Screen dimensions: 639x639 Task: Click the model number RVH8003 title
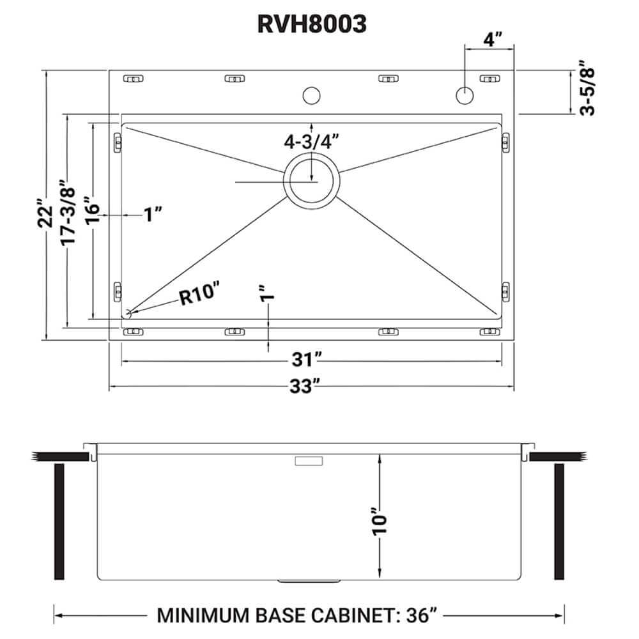click(x=312, y=24)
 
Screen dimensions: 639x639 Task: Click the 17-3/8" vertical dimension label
click(x=69, y=214)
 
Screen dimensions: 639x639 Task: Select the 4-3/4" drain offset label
click(x=311, y=142)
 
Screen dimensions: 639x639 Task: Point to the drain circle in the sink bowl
click(x=312, y=181)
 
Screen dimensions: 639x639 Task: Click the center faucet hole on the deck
click(x=311, y=95)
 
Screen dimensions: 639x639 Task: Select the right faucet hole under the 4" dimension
click(x=464, y=95)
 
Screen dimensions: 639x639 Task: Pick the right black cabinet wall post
click(x=560, y=521)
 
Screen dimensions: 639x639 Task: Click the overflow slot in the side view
click(x=309, y=459)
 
